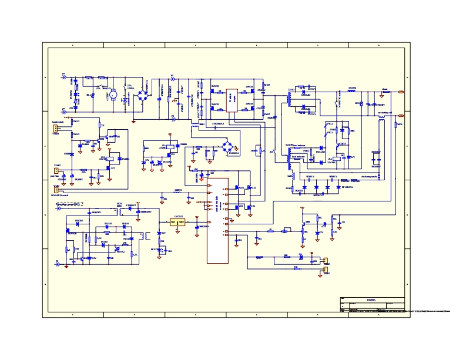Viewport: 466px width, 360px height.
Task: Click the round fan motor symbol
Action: pos(114,94)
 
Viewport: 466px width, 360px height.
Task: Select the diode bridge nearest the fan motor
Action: pos(142,94)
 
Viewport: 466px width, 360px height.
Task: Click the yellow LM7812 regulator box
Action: pos(177,222)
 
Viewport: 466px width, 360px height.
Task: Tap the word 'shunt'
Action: pos(384,89)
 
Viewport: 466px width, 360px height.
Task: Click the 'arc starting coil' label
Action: pos(384,112)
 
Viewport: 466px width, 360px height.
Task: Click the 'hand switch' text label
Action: pos(57,122)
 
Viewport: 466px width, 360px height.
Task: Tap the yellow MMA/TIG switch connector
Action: pos(56,189)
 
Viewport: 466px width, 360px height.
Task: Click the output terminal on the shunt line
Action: pos(401,92)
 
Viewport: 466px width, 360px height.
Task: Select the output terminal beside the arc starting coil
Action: pos(401,116)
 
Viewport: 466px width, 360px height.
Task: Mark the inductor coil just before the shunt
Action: pos(352,92)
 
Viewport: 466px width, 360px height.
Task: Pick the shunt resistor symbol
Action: pos(384,92)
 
